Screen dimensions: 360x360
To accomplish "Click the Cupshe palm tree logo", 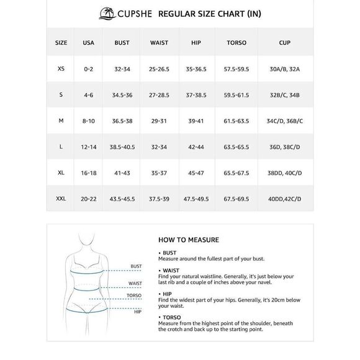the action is pyautogui.click(x=106, y=12).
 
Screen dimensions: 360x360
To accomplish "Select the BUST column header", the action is pyautogui.click(x=122, y=43).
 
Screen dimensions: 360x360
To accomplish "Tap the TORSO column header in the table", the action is pyautogui.click(x=236, y=43).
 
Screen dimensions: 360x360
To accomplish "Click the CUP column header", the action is pyautogui.click(x=284, y=43).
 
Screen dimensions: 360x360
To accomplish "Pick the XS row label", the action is pyautogui.click(x=61, y=69).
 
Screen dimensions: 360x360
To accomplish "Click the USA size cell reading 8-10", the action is pyautogui.click(x=89, y=120).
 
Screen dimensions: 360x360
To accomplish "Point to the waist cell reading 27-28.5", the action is pyautogui.click(x=159, y=95).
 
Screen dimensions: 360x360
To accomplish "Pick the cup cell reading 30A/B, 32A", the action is pyautogui.click(x=284, y=69).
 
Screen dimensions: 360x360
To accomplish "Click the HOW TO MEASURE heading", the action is pyautogui.click(x=189, y=240).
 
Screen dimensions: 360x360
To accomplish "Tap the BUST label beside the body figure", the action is pyautogui.click(x=136, y=266).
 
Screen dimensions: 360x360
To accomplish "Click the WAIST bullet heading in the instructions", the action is pyautogui.click(x=171, y=271).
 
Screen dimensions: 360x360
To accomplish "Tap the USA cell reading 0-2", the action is pyautogui.click(x=89, y=69).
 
